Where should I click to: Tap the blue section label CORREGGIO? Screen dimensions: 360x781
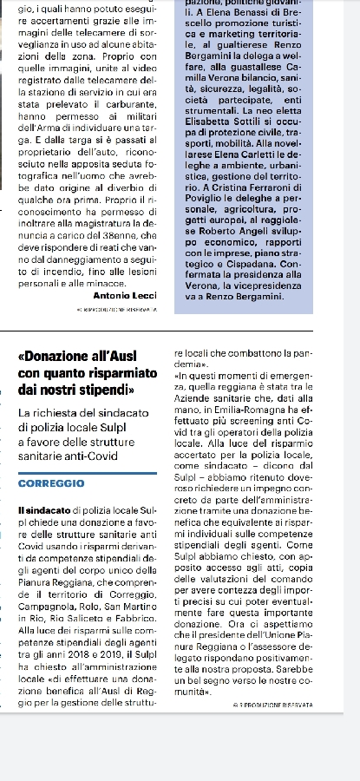[x=51, y=482]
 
